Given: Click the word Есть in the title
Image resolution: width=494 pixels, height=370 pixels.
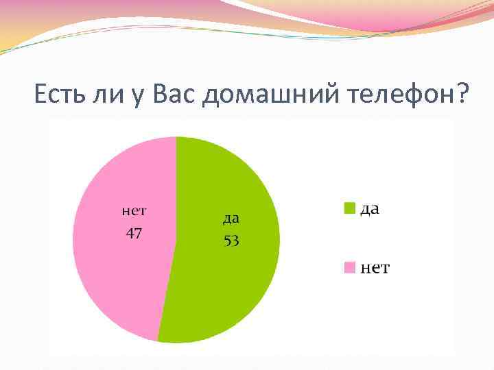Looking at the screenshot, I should coord(59,93).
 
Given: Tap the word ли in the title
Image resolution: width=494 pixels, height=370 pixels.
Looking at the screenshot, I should coord(105,93).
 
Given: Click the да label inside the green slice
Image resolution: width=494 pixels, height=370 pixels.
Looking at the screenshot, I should coord(231,219).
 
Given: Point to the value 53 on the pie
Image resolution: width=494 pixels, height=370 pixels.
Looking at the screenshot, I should coord(231,241).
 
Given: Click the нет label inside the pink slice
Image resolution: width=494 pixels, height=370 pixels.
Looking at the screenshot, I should coord(134,210).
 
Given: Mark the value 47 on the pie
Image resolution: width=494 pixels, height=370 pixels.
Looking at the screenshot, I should coord(134,233).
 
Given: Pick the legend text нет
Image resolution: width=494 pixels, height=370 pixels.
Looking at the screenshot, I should coord(375,268).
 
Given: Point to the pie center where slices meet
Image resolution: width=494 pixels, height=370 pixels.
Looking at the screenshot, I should coord(176,240).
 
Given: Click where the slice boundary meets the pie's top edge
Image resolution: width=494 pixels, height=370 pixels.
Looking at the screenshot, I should coord(176,137).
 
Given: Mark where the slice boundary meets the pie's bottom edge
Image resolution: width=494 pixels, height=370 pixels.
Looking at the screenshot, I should coord(158,341).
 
